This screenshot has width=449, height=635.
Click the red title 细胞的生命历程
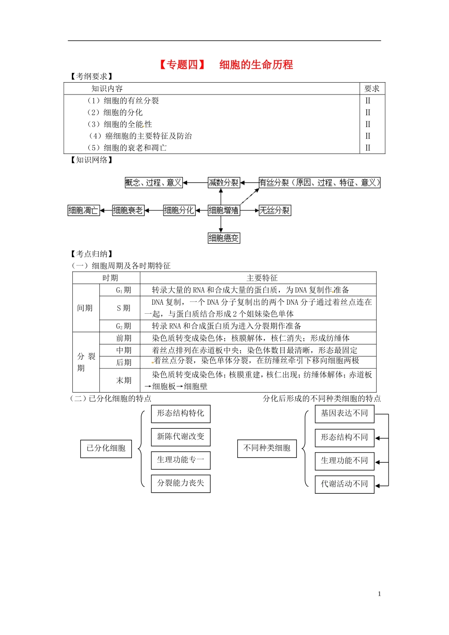coord(256,65)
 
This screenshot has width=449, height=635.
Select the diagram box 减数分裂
coord(224,183)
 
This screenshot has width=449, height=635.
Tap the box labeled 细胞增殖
coord(224,211)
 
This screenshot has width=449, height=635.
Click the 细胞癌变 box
coord(224,238)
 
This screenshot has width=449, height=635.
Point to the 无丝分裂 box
coord(275,211)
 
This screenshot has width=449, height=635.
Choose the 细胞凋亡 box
coord(84,211)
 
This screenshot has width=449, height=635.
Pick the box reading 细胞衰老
coord(128,211)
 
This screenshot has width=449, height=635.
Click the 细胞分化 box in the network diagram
coord(179,211)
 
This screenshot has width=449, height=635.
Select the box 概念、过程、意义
coord(154,183)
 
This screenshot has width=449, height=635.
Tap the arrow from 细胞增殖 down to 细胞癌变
coord(221,224)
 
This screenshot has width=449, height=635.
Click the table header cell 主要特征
coord(262,278)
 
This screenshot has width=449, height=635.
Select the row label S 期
coord(123,308)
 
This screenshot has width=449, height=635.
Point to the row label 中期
coord(123,351)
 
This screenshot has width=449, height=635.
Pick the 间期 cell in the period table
coord(85,308)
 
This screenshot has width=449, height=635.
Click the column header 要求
coord(372,89)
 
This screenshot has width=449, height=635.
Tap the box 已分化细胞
coord(106,448)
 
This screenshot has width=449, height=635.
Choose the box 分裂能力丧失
coord(181,483)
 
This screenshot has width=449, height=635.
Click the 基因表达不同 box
coord(344,413)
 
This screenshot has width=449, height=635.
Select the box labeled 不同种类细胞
coord(267,448)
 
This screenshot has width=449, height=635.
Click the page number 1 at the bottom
coord(380,594)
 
